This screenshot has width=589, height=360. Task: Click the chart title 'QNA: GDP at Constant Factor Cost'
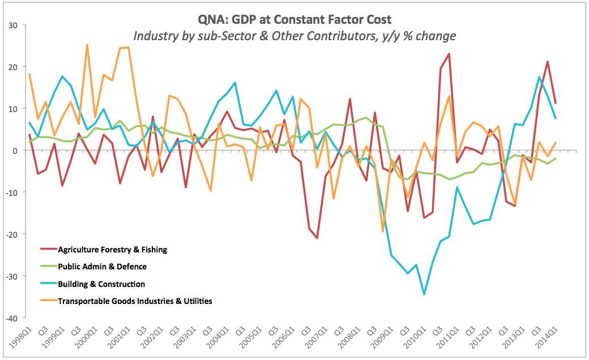[x=294, y=20]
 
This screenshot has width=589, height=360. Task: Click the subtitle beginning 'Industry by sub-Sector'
[x=294, y=36]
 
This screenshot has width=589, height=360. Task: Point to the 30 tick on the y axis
[x=12, y=25]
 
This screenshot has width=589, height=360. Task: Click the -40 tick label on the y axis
[x=11, y=318]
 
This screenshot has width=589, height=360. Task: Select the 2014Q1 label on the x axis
[x=548, y=340]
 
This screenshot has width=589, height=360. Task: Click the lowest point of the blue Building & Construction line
[x=424, y=294]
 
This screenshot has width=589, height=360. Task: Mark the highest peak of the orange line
[x=87, y=45]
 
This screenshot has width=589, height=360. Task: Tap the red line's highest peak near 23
[x=449, y=54]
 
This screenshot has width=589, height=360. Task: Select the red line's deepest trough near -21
[x=317, y=238]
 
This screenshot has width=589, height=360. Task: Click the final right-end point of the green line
[x=556, y=158]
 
